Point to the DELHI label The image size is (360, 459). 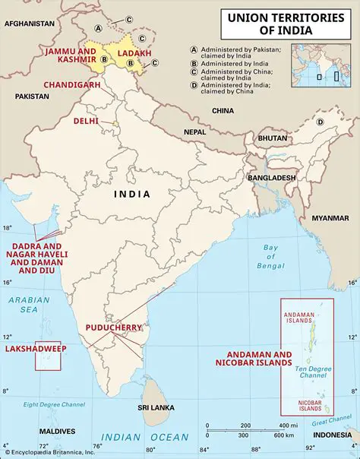click(x=86, y=121)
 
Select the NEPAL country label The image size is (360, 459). click(x=195, y=131)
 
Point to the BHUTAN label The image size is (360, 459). click(x=273, y=138)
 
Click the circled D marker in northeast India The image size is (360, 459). click(x=320, y=122)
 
